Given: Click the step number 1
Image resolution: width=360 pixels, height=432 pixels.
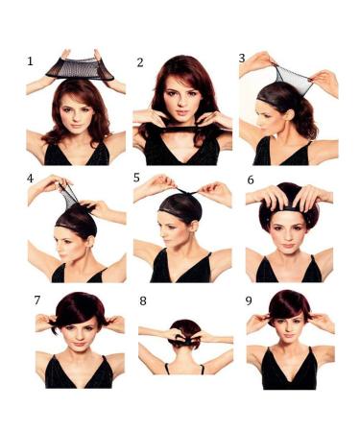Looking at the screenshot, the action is click(x=30, y=61).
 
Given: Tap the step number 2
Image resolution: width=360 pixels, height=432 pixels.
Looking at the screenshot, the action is click(x=140, y=62).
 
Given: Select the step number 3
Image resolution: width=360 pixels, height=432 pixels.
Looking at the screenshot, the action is click(x=242, y=59).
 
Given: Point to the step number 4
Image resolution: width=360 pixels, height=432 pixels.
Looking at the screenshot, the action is click(x=30, y=179).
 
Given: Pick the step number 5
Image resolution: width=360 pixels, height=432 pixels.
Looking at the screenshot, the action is click(x=136, y=178).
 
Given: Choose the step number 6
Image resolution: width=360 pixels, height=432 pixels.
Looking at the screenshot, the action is click(x=251, y=180).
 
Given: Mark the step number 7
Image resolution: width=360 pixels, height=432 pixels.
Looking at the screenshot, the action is click(x=37, y=300).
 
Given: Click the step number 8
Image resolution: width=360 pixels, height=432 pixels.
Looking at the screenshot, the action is click(x=143, y=301).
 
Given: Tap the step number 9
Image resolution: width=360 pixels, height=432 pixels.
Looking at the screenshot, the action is click(x=249, y=301).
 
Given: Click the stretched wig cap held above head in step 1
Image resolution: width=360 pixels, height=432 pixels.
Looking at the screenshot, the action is click(x=80, y=69).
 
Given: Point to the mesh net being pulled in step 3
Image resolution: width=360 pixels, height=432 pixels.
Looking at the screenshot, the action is click(x=293, y=80).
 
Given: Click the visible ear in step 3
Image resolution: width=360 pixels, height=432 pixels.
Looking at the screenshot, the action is click(x=291, y=114).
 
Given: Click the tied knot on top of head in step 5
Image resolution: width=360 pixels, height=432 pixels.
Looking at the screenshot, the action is click(x=187, y=192).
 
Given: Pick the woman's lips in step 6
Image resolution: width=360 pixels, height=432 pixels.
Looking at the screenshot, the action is click(x=288, y=246).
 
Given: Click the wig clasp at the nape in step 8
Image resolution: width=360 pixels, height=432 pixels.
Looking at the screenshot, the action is click(x=185, y=340).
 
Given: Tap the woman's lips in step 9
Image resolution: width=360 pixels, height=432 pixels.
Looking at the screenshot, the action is click(x=289, y=335).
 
